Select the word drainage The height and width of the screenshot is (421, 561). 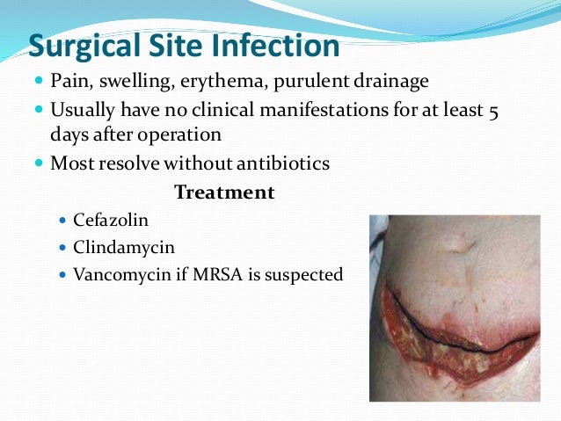tap(391, 82)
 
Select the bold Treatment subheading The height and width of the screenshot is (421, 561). tap(224, 192)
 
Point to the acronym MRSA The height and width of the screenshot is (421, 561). tap(208, 274)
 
